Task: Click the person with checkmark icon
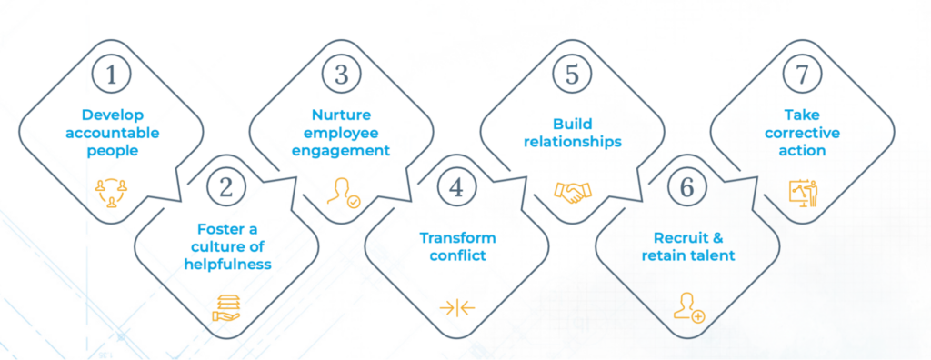coord(342,192)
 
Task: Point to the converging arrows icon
coord(456,307)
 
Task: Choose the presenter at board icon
coord(802,191)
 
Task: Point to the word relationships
coord(571,142)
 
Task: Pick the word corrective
coord(801,133)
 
